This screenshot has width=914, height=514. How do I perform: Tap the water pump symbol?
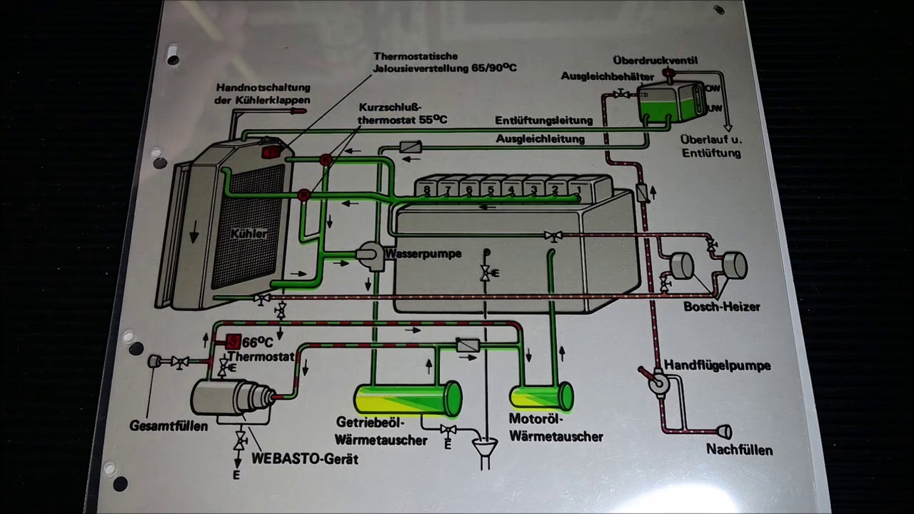[x=370, y=256]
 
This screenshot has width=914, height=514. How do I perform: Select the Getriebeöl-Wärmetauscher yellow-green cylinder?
[x=408, y=399]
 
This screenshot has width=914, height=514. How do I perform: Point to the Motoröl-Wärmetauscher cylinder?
[x=541, y=397]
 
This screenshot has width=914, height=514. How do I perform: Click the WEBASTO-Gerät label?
[x=305, y=458]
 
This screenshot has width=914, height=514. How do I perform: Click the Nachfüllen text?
[x=739, y=450]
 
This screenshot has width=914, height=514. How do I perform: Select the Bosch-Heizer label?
[x=721, y=307]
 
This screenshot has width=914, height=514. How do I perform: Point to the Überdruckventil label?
[x=655, y=61]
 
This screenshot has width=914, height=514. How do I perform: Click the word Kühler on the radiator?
[x=249, y=233]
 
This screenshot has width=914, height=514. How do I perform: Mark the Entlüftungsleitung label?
[x=543, y=120]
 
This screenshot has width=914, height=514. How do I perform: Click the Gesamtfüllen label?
[x=169, y=426]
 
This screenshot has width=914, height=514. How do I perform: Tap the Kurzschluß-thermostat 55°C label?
[x=403, y=113]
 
